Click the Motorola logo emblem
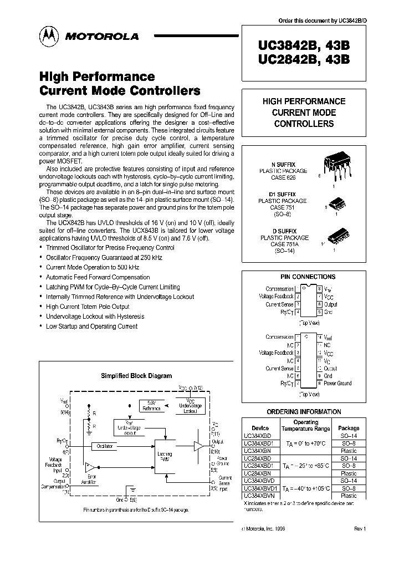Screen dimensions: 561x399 tap(47, 35)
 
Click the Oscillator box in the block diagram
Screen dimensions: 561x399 tap(105, 445)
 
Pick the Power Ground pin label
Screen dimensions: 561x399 tap(337, 383)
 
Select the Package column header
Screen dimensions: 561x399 tap(349, 428)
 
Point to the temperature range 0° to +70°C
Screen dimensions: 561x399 tap(304, 444)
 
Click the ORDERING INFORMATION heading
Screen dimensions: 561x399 tap(304, 412)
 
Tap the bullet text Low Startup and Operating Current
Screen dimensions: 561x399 tap(91, 327)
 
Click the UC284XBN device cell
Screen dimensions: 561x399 tap(257, 473)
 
